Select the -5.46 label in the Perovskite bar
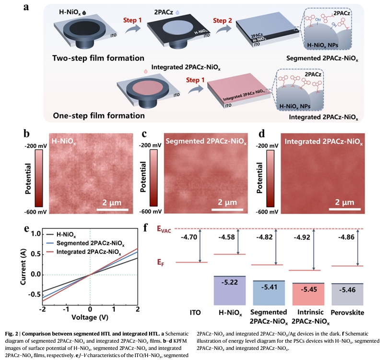point(348,291)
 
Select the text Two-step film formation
point(98,58)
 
